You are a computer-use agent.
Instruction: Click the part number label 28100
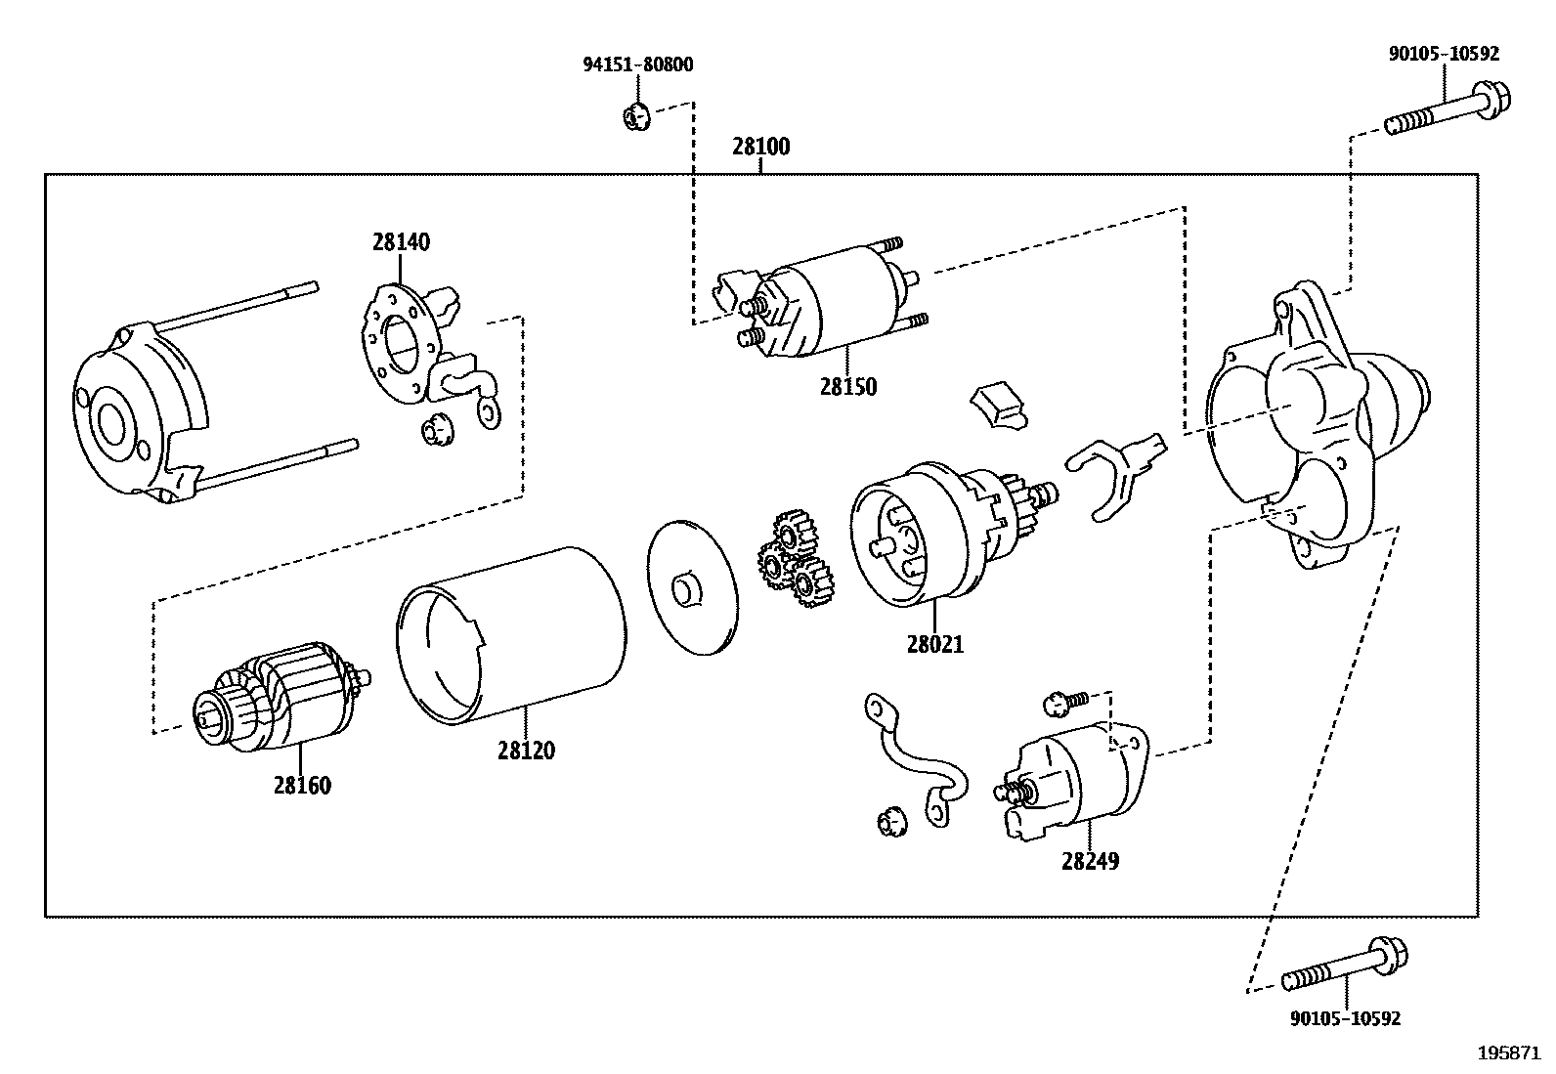760,148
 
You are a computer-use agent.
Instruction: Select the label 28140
401,241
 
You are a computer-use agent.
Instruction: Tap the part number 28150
847,386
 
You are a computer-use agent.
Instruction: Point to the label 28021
934,644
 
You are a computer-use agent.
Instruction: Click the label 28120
526,751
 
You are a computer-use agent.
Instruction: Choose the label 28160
302,785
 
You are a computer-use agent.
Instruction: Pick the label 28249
1090,861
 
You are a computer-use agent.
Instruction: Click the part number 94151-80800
638,65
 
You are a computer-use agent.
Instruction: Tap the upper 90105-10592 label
1444,54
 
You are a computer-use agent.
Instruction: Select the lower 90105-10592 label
1345,1018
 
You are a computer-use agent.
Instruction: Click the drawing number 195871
1508,1053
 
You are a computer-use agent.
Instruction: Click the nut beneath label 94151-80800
635,117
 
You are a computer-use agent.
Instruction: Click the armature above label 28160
283,695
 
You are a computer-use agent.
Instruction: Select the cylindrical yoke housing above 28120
512,635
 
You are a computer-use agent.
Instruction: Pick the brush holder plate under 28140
401,342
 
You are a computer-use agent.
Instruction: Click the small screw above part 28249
1065,700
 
